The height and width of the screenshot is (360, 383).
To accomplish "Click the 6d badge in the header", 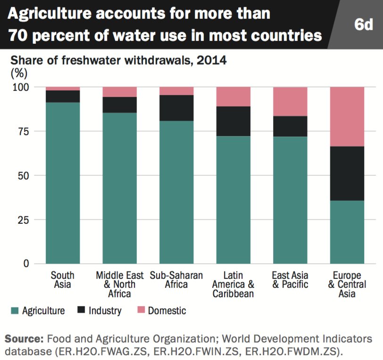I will pos(363,25).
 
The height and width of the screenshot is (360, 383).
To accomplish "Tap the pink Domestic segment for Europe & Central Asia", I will pos(347,116).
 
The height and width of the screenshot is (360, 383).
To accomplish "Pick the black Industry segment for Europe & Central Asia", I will pos(347,173).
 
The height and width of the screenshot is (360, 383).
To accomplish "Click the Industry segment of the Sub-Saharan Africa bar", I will pos(176,108).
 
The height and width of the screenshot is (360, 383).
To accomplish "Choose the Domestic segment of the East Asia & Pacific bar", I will pos(290,101).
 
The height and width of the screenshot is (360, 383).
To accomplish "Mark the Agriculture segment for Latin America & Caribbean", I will pos(233,200).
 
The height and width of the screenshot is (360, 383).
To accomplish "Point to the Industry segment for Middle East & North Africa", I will pos(120,105).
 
